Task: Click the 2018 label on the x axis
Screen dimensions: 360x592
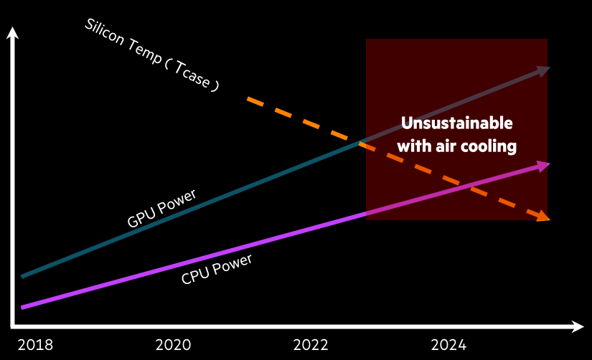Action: click(35, 344)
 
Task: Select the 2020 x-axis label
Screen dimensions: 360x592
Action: click(173, 344)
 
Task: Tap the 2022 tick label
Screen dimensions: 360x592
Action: click(311, 344)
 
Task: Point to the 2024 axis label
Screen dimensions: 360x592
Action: click(448, 344)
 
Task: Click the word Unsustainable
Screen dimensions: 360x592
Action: click(456, 123)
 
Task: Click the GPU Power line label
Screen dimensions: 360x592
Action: click(161, 209)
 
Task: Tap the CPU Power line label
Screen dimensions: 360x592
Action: click(217, 269)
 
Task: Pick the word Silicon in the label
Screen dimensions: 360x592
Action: click(103, 33)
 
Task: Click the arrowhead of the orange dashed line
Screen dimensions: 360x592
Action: click(544, 216)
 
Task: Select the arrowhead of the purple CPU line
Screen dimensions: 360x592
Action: click(543, 166)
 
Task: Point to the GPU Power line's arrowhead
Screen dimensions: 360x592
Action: click(543, 70)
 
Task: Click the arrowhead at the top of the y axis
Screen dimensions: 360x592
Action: click(12, 33)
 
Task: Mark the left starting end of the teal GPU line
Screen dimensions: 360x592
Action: click(24, 275)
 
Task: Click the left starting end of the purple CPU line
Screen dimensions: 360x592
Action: click(24, 307)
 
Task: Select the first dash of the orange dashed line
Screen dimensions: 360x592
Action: click(255, 101)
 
